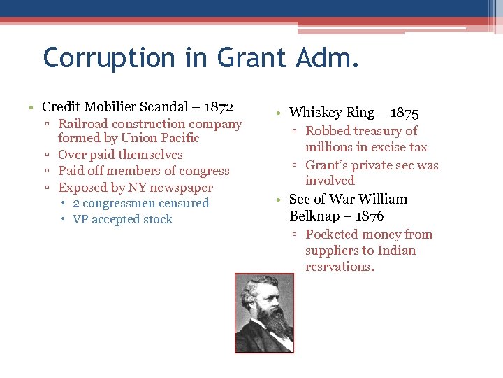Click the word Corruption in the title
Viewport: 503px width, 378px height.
[x=104, y=57]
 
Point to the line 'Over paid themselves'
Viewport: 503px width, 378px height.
[x=120, y=155]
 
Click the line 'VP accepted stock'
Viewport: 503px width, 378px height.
[x=122, y=220]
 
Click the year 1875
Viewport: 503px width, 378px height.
[x=404, y=113]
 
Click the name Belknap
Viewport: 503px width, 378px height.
[x=314, y=216]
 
